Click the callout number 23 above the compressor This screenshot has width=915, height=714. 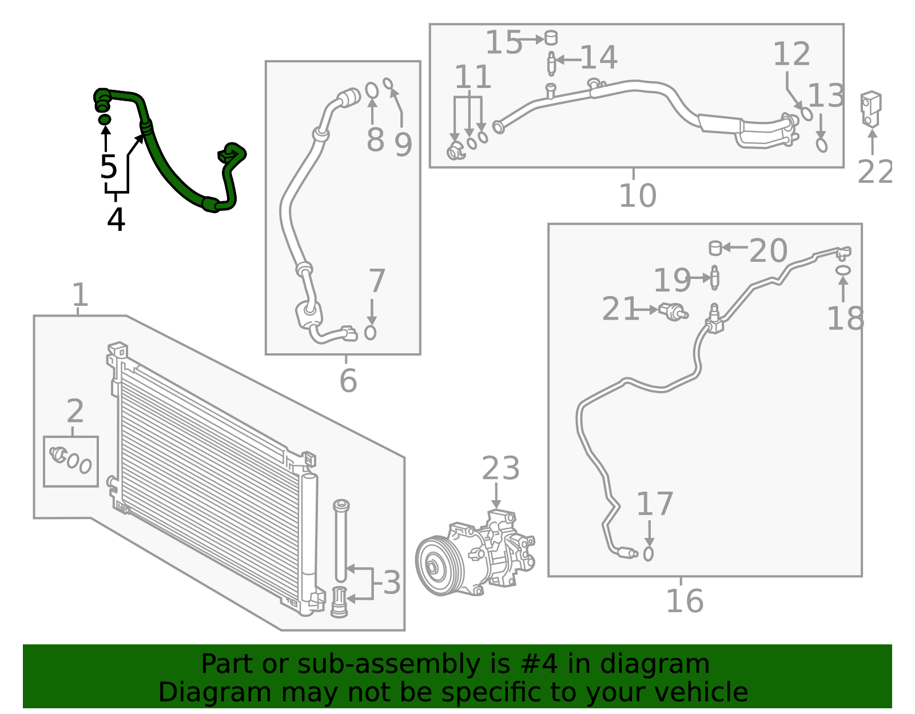point(500,469)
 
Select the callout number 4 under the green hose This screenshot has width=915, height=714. point(116,220)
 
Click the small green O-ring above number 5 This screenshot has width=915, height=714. point(105,119)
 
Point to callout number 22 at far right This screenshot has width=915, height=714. point(874,171)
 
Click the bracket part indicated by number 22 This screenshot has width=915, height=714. point(870,108)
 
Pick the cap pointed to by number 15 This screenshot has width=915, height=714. point(551,38)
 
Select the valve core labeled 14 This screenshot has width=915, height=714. point(551,63)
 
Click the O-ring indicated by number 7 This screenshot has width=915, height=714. point(371,332)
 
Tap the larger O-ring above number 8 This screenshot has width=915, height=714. point(372,90)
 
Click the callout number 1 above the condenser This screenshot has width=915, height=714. point(80,295)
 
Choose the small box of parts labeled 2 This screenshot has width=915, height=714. point(71,461)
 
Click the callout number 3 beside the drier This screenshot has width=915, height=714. point(392,583)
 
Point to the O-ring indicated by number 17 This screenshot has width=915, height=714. point(648,553)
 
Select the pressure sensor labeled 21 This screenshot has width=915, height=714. point(673,312)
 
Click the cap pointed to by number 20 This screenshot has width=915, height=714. point(715,248)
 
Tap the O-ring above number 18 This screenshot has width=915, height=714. point(843,270)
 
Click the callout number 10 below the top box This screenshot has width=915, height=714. point(637,196)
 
